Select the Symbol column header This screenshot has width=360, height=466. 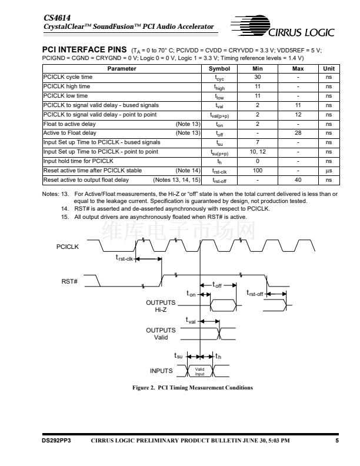pyautogui.click(x=219, y=69)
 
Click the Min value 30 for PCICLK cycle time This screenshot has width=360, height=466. pyautogui.click(x=257, y=78)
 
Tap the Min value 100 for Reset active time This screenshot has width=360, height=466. pyautogui.click(x=257, y=170)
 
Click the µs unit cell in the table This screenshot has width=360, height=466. pyautogui.click(x=328, y=170)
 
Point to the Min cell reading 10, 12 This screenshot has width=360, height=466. pyautogui.click(x=257, y=152)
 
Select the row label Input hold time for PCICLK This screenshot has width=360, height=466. pyautogui.click(x=79, y=161)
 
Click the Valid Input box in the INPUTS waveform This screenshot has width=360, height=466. pyautogui.click(x=199, y=371)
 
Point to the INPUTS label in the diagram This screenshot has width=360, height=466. pyautogui.click(x=161, y=371)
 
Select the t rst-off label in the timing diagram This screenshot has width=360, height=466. pyautogui.click(x=255, y=294)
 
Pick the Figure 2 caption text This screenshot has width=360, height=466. pyautogui.click(x=180, y=387)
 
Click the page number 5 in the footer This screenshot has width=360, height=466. pyautogui.click(x=337, y=440)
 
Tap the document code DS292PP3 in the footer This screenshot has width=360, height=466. pyautogui.click(x=56, y=440)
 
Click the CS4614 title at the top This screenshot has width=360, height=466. pyautogui.click(x=55, y=18)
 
